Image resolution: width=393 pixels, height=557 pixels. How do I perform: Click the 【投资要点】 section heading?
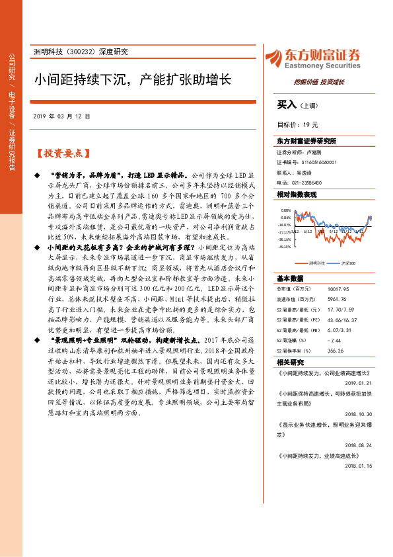click(61, 153)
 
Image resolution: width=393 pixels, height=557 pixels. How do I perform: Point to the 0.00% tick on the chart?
click(286, 210)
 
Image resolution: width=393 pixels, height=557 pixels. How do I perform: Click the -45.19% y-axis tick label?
click(285, 247)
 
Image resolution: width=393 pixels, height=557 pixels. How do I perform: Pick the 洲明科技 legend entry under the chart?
click(318, 263)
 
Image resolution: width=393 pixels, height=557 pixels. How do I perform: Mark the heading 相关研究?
click(291, 363)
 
